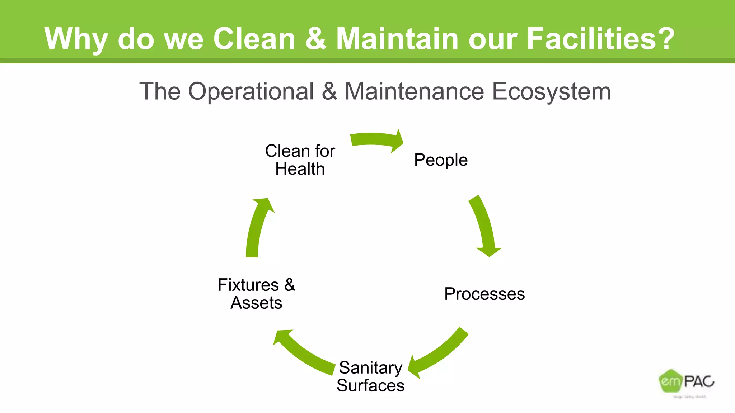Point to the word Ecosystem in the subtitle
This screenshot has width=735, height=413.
pyautogui.click(x=551, y=91)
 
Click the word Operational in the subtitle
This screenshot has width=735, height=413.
pyautogui.click(x=251, y=91)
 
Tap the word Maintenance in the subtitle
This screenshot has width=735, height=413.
pyautogui.click(x=414, y=91)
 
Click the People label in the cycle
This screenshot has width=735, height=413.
pyautogui.click(x=441, y=160)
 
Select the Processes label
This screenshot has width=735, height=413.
pyautogui.click(x=484, y=294)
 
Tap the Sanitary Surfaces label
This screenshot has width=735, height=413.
pyautogui.click(x=370, y=376)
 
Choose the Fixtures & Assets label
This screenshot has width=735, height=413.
pyautogui.click(x=256, y=294)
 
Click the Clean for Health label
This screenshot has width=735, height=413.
pyautogui.click(x=300, y=160)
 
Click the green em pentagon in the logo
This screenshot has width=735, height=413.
pyautogui.click(x=670, y=381)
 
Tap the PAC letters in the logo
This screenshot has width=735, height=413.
pyautogui.click(x=699, y=381)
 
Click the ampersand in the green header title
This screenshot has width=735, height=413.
pyautogui.click(x=316, y=39)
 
